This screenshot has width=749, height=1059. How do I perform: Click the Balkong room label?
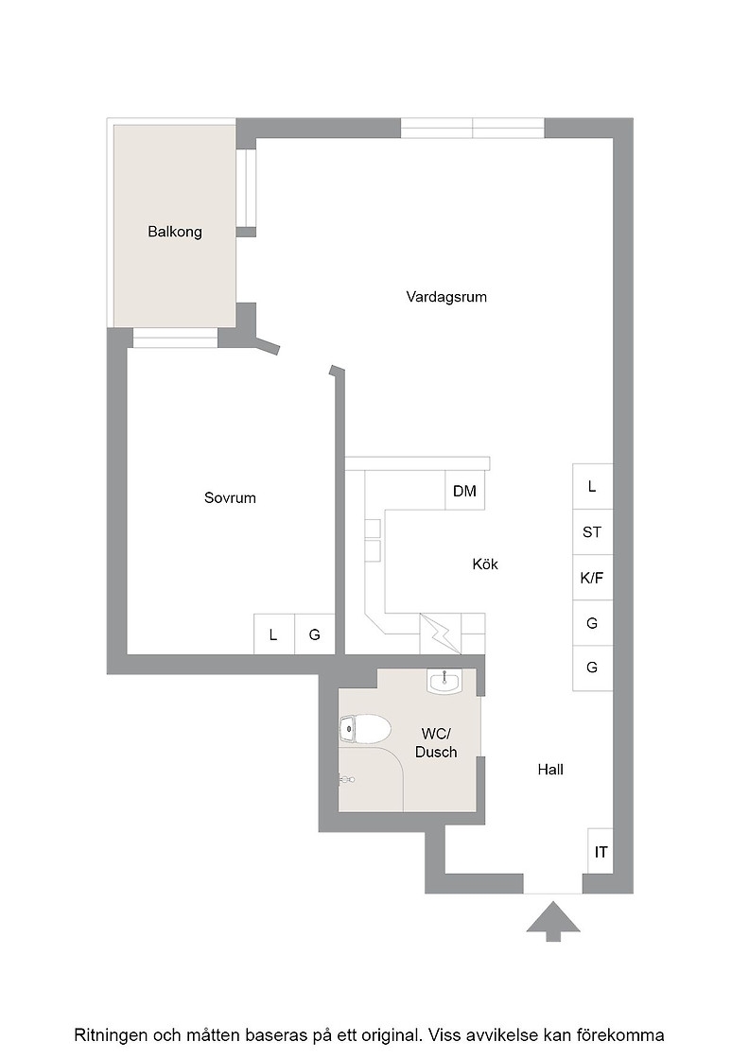(175, 233)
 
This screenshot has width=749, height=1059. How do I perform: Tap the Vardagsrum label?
(446, 297)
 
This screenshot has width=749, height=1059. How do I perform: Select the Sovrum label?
(231, 497)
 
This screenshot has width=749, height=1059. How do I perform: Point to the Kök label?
(485, 564)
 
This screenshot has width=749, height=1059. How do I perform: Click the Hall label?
(550, 770)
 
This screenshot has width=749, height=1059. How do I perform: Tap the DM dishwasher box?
(464, 491)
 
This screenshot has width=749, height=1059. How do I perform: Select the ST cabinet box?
(592, 532)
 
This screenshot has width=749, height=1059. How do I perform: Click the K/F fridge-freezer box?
(592, 578)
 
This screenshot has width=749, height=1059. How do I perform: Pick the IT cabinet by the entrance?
(601, 852)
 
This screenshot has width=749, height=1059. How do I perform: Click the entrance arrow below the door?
(554, 921)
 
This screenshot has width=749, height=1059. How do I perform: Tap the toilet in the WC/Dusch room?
(365, 730)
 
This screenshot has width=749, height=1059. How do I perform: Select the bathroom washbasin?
(444, 681)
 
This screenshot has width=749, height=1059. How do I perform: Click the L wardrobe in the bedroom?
(273, 634)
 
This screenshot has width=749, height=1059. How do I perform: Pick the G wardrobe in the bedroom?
(315, 634)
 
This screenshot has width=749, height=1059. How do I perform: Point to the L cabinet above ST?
(592, 487)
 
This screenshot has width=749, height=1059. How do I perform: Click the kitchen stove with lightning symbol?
(441, 634)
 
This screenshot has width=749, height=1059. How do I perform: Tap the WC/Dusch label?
(436, 743)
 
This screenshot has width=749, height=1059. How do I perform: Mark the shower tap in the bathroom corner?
(346, 779)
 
